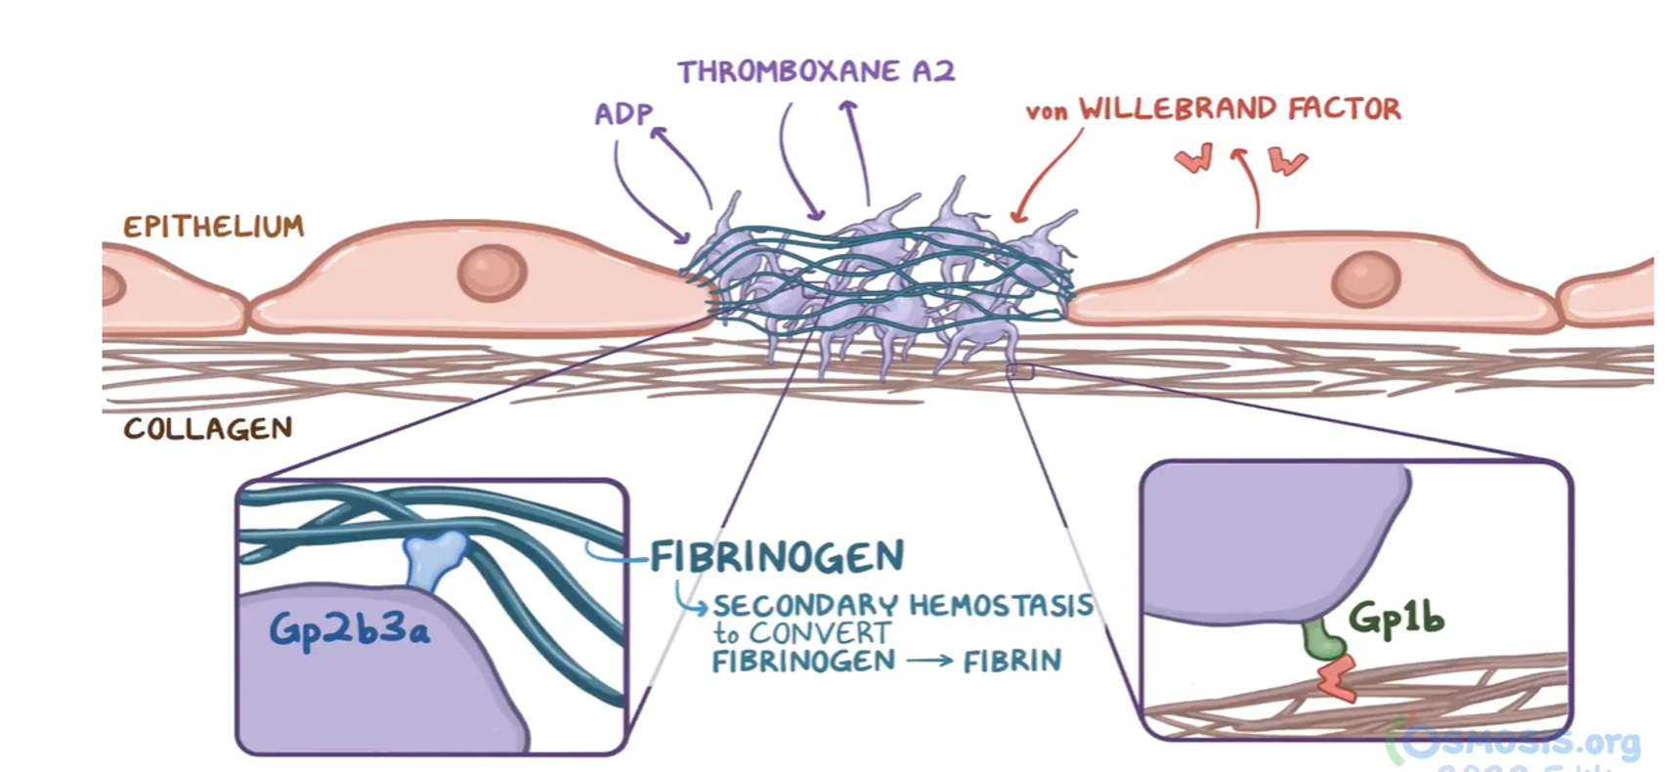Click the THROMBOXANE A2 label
(816, 71)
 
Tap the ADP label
(622, 114)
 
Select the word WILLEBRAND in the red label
(1178, 108)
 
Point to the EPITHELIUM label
(213, 227)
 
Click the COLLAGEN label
(207, 429)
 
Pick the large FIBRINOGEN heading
(777, 557)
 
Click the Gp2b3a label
(349, 628)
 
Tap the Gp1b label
(1396, 618)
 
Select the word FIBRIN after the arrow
(1011, 662)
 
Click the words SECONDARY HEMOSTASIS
(903, 606)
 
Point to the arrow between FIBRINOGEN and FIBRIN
(928, 662)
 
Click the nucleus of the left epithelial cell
(492, 272)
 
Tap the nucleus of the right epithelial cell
(1365, 278)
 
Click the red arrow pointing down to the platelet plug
(1048, 176)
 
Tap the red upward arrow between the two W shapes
(1249, 186)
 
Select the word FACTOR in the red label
(1344, 108)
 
